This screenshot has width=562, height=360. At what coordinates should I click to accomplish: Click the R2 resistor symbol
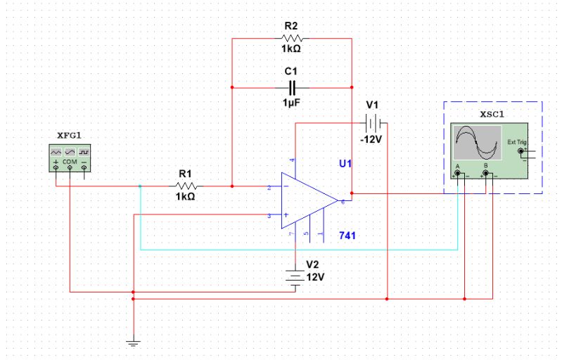tap(292, 39)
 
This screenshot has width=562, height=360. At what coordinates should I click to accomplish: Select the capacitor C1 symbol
tap(292, 87)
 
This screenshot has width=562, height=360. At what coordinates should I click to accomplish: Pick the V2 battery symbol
tap(296, 276)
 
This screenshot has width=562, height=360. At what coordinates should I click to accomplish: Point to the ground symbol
tap(133, 342)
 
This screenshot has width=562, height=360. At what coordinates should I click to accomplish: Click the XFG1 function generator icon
tap(70, 157)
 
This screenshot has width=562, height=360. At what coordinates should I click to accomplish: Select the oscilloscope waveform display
tap(477, 143)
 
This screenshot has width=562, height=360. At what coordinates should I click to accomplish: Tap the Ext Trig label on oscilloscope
tap(516, 142)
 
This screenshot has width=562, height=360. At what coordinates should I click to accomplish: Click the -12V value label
tap(371, 139)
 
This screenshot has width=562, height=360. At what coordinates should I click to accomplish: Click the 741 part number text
tap(347, 235)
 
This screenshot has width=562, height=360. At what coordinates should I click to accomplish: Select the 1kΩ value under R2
tap(292, 51)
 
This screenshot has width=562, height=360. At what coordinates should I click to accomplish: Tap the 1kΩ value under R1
tap(186, 198)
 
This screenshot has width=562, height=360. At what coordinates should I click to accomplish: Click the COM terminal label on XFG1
tap(70, 162)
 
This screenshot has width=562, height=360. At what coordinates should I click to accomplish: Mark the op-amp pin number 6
tap(343, 202)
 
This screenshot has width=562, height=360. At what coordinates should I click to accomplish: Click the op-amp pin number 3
tap(269, 216)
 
